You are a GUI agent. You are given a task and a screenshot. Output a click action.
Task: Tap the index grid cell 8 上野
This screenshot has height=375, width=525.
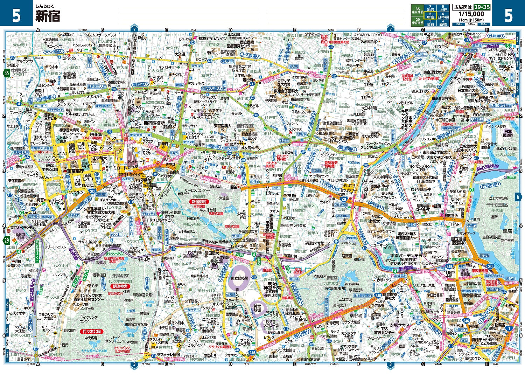[443, 9]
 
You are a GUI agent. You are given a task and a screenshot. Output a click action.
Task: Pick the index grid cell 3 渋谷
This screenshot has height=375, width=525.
[430, 23]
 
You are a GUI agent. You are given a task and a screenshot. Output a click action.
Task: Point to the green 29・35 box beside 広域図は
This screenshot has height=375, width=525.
[482, 7]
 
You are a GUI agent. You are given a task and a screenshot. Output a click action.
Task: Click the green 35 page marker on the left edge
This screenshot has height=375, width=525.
[6, 73]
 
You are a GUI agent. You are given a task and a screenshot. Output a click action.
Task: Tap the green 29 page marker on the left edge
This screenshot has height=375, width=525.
[6, 240]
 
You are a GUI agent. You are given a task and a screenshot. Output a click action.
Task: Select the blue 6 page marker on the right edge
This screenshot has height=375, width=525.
[518, 197]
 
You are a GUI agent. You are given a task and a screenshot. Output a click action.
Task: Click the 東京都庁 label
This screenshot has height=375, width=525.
[75, 171]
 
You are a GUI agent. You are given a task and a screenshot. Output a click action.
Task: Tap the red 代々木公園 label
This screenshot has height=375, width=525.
[91, 331]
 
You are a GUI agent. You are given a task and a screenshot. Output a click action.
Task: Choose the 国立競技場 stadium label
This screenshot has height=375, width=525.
[239, 278]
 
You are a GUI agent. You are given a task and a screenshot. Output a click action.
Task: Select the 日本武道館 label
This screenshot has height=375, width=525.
[507, 133]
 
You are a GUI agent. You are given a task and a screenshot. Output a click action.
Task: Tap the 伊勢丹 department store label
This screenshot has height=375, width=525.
[163, 144]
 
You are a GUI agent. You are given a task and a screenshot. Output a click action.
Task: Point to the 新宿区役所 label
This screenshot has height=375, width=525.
[154, 123]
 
